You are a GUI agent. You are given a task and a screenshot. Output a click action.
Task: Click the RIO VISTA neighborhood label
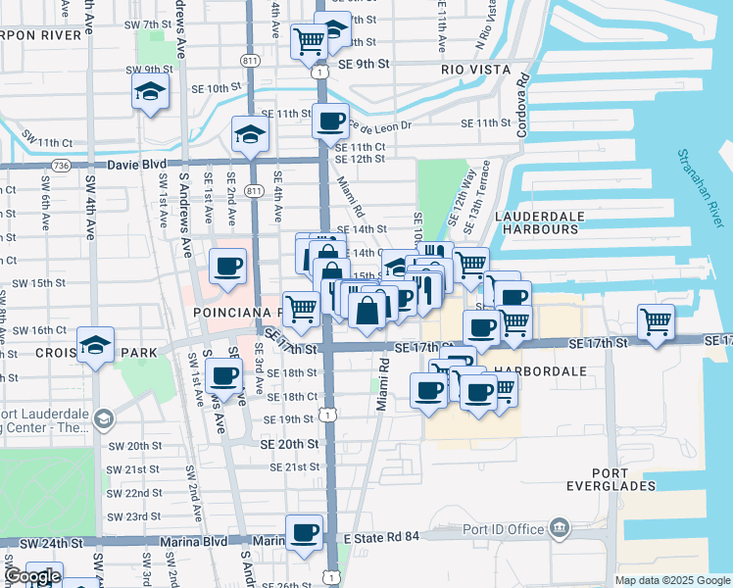click(476, 70)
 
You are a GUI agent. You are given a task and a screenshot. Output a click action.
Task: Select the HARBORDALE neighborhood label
click(541, 372)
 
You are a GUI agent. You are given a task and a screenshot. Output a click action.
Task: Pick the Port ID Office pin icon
click(560, 529)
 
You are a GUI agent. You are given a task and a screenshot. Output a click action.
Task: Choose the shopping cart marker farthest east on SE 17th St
click(656, 320)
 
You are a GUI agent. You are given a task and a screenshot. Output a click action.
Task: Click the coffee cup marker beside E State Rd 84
click(304, 532)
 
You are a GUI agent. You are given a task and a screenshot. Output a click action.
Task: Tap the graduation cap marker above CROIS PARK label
click(95, 344)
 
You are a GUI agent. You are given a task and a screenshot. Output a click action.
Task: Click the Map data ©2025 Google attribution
click(671, 580)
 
